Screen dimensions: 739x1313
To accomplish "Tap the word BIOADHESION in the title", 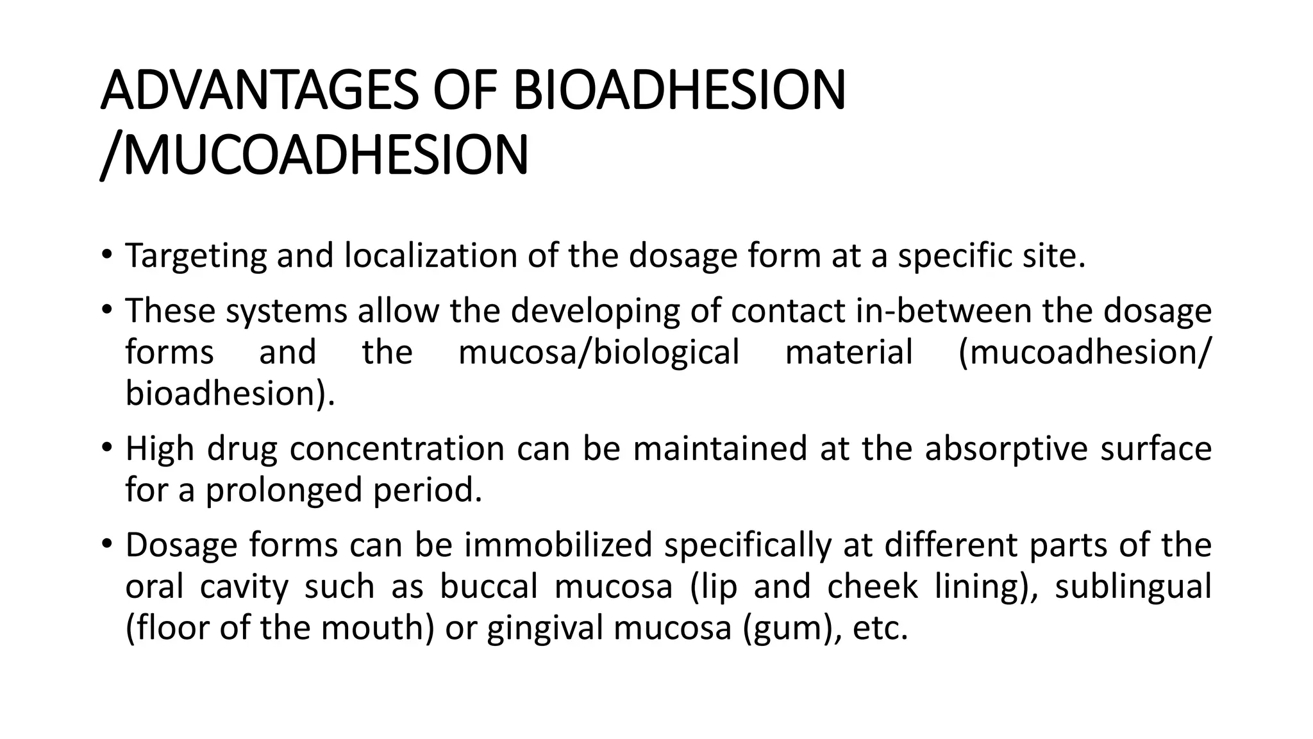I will [679, 90].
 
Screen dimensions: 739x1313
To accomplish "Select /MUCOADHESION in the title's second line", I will [315, 155].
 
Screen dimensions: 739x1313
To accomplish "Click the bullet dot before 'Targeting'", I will [106, 254].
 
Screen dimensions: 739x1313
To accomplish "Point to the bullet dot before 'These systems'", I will [106, 309].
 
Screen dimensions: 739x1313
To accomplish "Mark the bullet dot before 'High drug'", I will [106, 446].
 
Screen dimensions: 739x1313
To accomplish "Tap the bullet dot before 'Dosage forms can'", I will [106, 543].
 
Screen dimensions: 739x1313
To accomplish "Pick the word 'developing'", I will [595, 312].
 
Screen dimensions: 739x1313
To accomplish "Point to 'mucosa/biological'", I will [599, 353].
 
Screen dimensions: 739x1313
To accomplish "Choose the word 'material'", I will [849, 352].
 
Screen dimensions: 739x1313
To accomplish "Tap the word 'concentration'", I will [397, 448].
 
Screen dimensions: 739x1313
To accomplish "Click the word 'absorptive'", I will [1007, 449].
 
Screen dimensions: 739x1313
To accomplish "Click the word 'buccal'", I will [489, 586].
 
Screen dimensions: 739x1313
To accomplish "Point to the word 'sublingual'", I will [1133, 587].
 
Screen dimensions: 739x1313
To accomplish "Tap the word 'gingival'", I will [544, 629].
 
